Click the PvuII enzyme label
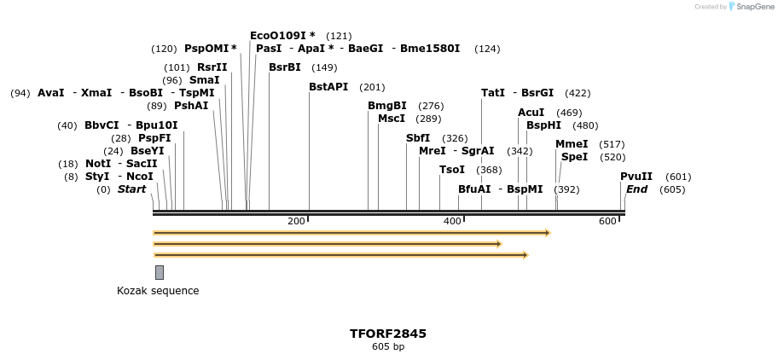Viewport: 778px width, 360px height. coord(636,177)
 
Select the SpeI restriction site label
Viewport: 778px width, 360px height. coord(574,157)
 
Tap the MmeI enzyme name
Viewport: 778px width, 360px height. coord(572,144)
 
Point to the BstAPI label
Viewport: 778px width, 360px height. coord(328,87)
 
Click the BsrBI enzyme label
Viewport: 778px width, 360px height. coord(285,67)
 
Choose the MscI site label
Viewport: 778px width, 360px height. coord(392,119)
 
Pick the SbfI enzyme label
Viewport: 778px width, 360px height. coord(418,138)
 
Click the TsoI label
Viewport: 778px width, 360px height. coord(452,170)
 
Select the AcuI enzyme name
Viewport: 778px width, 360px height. coord(531,113)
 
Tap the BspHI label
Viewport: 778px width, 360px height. coord(543,125)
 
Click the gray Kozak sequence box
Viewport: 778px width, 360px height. coord(160,272)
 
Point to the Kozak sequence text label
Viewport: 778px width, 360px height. coord(158,291)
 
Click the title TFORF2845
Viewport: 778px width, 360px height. coord(388,334)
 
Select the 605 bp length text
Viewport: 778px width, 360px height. coord(388,347)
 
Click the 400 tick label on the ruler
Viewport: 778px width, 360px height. coord(453,222)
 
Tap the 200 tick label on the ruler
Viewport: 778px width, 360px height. coord(296,222)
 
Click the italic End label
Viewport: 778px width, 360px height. coord(636,189)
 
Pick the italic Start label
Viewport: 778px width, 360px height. coord(132,189)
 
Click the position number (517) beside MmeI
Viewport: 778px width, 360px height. coord(613,144)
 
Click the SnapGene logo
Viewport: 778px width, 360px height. coord(753,7)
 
